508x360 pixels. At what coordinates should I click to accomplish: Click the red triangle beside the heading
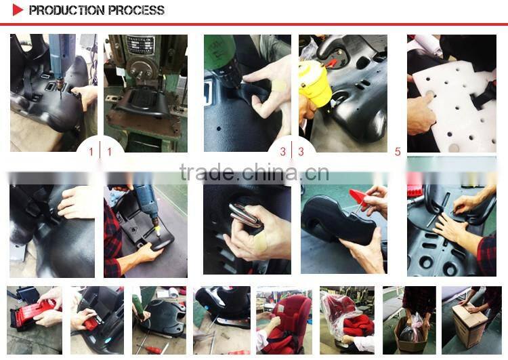click(17, 10)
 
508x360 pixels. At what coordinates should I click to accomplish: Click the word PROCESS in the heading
click(136, 10)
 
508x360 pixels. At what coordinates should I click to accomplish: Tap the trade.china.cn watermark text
click(254, 172)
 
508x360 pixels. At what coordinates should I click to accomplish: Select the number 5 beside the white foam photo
click(398, 151)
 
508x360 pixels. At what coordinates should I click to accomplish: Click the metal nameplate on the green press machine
click(140, 45)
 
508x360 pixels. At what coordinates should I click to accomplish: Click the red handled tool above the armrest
click(359, 198)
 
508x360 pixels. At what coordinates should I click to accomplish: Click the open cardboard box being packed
click(410, 335)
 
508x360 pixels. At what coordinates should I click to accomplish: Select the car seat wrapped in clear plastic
click(346, 316)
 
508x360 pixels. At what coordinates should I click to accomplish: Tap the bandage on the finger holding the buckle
click(260, 243)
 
